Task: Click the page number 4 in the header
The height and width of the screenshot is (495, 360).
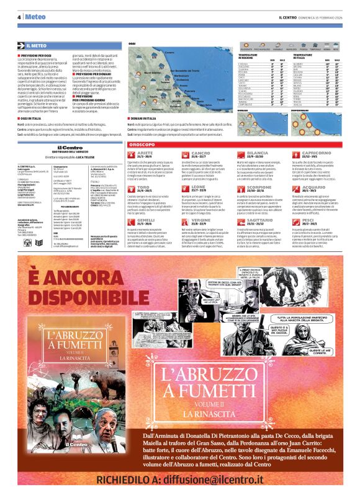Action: point(19,17)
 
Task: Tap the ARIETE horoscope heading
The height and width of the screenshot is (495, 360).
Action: point(145,152)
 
